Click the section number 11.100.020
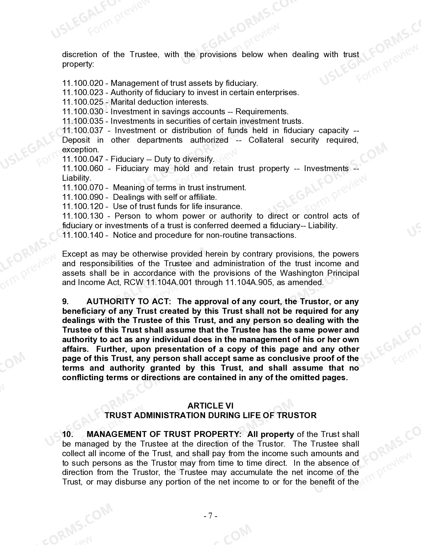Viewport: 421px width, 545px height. click(x=83, y=83)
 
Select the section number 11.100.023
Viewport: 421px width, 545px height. click(x=83, y=93)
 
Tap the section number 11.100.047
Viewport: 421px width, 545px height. click(x=83, y=159)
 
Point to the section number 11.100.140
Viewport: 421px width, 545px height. click(x=83, y=235)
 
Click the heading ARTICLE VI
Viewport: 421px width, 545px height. click(x=210, y=406)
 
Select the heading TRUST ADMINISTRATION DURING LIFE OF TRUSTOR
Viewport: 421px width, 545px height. click(x=210, y=416)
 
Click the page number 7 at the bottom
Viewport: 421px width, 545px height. click(x=210, y=516)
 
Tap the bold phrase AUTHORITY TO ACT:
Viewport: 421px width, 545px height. click(x=129, y=302)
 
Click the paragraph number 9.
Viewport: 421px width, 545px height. click(x=65, y=302)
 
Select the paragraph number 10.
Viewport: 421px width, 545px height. click(x=67, y=434)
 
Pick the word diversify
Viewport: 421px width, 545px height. click(x=198, y=159)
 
